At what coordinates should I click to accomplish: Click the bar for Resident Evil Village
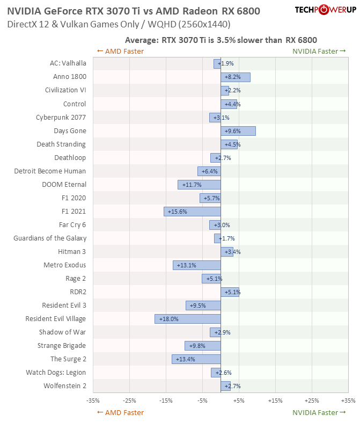point(188,319)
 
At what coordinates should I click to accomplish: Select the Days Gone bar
point(238,131)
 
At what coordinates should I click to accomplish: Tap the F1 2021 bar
point(192,212)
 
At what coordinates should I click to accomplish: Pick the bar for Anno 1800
point(236,77)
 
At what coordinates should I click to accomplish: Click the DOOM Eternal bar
point(199,185)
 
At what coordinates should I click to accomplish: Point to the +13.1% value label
point(185,265)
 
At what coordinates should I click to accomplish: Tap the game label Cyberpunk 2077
point(61,118)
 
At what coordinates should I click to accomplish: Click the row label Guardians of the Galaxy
point(50,238)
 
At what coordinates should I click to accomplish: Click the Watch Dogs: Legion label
point(56,373)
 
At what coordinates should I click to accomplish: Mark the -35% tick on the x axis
point(93,401)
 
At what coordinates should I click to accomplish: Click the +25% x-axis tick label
point(312,401)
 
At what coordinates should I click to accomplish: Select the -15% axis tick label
point(166,401)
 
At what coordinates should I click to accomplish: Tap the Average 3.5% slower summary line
point(221,40)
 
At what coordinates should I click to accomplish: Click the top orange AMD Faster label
point(120,52)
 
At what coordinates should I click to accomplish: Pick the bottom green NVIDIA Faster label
point(315,413)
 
